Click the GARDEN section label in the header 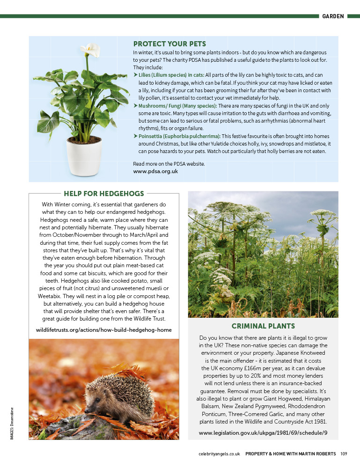[x=333, y=16]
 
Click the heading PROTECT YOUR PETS [x=169, y=44]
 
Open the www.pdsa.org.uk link [x=155, y=171]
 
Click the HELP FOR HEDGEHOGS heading [x=104, y=193]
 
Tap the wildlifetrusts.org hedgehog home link [x=104, y=330]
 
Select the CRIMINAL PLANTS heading [x=263, y=326]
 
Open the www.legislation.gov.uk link [x=263, y=433]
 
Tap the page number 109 [x=344, y=453]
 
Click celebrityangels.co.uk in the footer [x=219, y=453]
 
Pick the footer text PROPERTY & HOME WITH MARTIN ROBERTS [x=291, y=453]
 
